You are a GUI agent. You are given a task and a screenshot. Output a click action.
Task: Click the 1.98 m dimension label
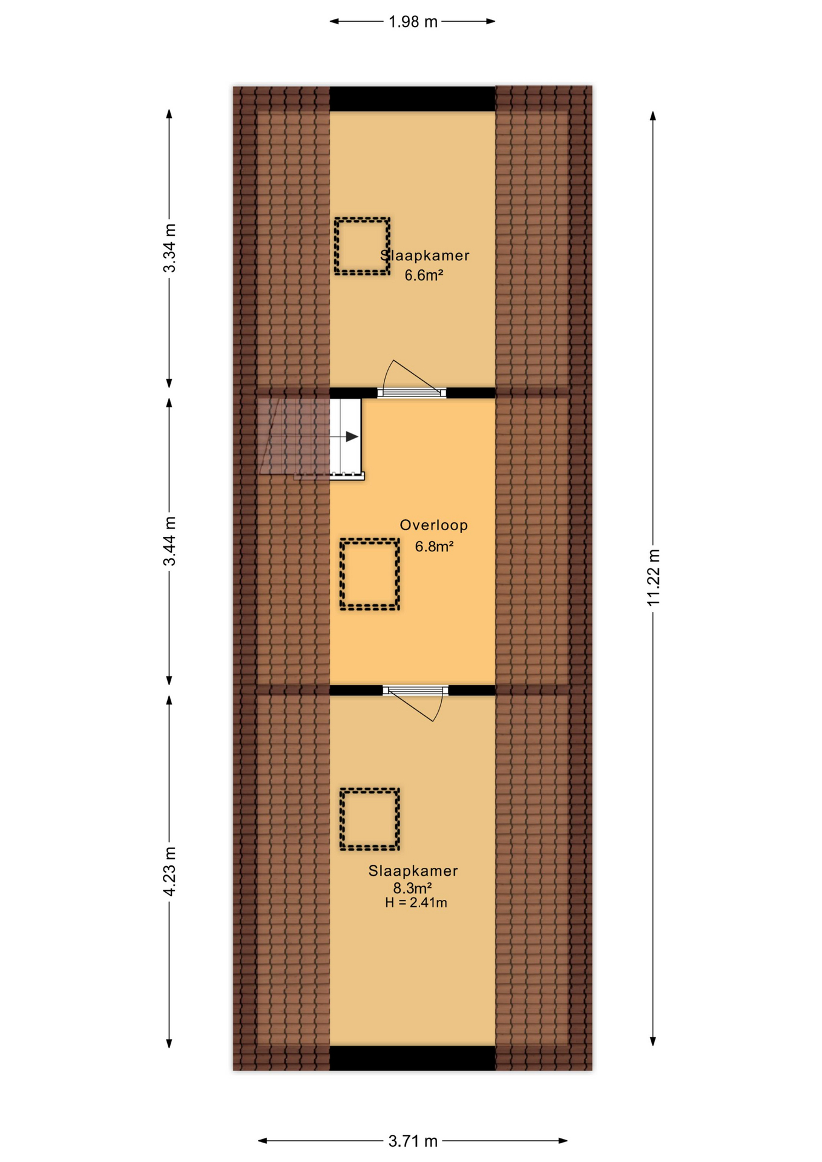coord(413,22)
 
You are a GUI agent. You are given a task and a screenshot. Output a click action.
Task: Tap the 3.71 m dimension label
coord(413,1141)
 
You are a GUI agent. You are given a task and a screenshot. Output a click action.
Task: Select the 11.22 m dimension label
coord(653,577)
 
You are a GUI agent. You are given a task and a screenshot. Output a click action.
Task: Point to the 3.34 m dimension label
coord(169,248)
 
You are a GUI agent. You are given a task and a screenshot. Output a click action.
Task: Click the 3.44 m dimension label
coord(169,541)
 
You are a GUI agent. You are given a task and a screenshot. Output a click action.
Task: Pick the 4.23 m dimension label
coord(169,871)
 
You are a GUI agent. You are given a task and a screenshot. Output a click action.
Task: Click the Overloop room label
coord(433,525)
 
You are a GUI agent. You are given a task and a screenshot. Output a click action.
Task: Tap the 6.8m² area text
coord(434,547)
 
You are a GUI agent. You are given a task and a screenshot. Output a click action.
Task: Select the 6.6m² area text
coord(424,275)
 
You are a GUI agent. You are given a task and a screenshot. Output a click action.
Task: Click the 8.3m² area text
coord(412,888)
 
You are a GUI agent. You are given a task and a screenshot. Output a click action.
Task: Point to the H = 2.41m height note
coord(416,903)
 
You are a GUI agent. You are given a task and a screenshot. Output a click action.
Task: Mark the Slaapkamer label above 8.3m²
coord(413,871)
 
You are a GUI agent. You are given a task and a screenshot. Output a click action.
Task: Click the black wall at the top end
coord(412,99)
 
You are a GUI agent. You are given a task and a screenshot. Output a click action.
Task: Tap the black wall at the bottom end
coord(412,1058)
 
